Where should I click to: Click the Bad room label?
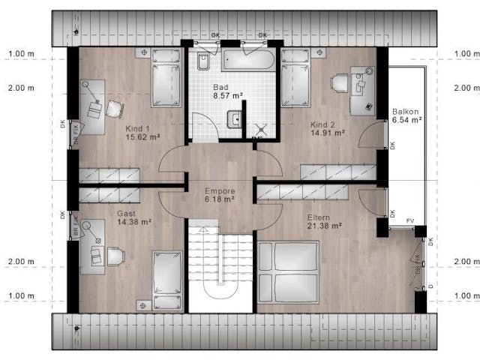[220, 87]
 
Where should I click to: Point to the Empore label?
[220, 190]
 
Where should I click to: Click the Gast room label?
[126, 214]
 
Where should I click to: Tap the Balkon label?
[406, 112]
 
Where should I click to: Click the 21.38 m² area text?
[324, 226]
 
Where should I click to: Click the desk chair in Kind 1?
[114, 109]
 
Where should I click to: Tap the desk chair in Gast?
[115, 256]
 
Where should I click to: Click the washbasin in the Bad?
[235, 118]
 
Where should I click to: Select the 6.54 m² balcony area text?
[406, 120]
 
